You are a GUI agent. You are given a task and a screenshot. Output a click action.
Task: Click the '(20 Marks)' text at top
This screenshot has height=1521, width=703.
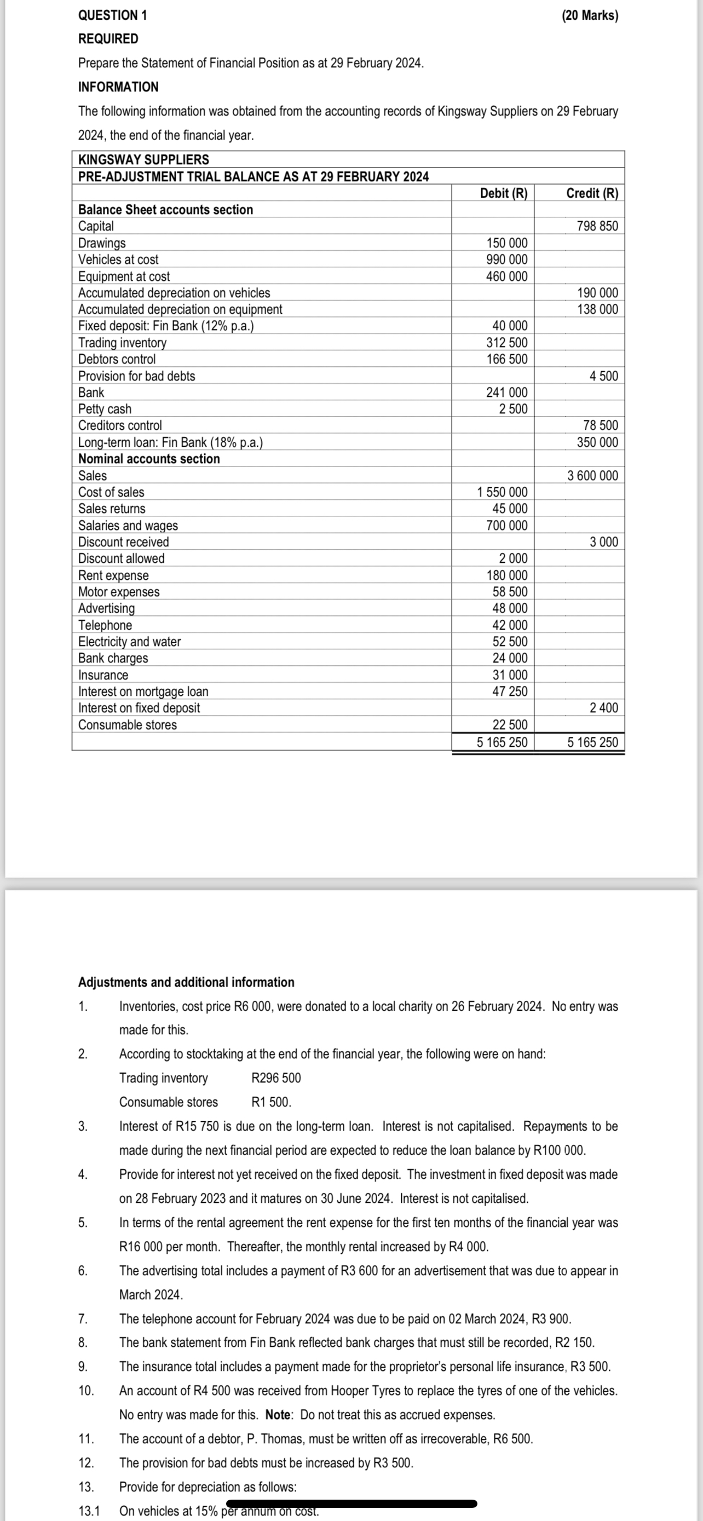(590, 15)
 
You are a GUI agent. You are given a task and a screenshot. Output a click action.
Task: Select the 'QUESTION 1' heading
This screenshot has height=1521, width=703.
(113, 15)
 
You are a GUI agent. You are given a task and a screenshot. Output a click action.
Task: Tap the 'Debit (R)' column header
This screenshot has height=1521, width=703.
(504, 193)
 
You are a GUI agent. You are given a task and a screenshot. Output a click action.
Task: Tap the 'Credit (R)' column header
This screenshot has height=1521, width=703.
(592, 193)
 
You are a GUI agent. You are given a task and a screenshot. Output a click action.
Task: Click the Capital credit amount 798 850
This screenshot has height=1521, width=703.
(597, 226)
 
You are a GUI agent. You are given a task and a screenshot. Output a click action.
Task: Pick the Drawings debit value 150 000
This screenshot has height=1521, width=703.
(507, 243)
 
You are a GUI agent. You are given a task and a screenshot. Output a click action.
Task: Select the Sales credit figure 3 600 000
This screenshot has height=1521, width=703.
(592, 475)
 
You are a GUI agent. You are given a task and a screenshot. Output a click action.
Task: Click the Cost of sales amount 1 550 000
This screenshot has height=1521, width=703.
(502, 492)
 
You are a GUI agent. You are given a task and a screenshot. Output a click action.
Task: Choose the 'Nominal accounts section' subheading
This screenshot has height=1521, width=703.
(149, 459)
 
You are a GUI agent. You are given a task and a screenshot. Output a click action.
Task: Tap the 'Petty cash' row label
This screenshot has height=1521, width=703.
(105, 408)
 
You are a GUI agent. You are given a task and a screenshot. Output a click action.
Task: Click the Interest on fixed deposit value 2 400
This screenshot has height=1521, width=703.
(604, 707)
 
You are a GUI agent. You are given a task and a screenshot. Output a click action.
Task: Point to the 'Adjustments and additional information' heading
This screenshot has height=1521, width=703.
(186, 982)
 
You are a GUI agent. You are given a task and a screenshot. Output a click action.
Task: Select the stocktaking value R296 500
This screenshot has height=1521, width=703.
(276, 1078)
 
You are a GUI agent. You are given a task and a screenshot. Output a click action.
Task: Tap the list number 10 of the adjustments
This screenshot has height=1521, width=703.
(86, 1391)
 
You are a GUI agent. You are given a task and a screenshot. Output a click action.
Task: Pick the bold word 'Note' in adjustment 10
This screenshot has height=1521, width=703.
(278, 1415)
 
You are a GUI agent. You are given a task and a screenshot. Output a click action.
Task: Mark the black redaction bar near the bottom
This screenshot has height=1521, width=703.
(351, 1503)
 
